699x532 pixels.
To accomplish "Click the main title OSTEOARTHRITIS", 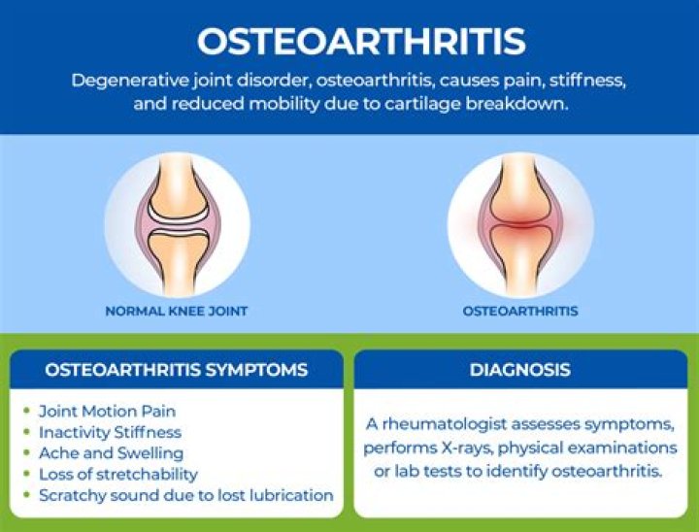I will (x=361, y=41).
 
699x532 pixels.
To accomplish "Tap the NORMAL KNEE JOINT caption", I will (x=177, y=312).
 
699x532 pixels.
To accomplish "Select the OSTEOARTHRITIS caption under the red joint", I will (x=520, y=312).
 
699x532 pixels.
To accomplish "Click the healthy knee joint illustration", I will (x=177, y=224).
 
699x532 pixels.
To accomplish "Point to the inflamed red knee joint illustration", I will (x=520, y=224).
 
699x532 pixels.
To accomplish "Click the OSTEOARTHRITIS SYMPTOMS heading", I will (x=177, y=370).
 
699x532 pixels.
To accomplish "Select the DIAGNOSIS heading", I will (x=520, y=370).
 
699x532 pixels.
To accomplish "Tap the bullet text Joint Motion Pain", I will (x=107, y=411).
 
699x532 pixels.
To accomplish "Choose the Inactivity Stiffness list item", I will (x=110, y=432).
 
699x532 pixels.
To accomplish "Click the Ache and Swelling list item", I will (x=111, y=453).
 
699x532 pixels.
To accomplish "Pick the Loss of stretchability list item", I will (x=117, y=475).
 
